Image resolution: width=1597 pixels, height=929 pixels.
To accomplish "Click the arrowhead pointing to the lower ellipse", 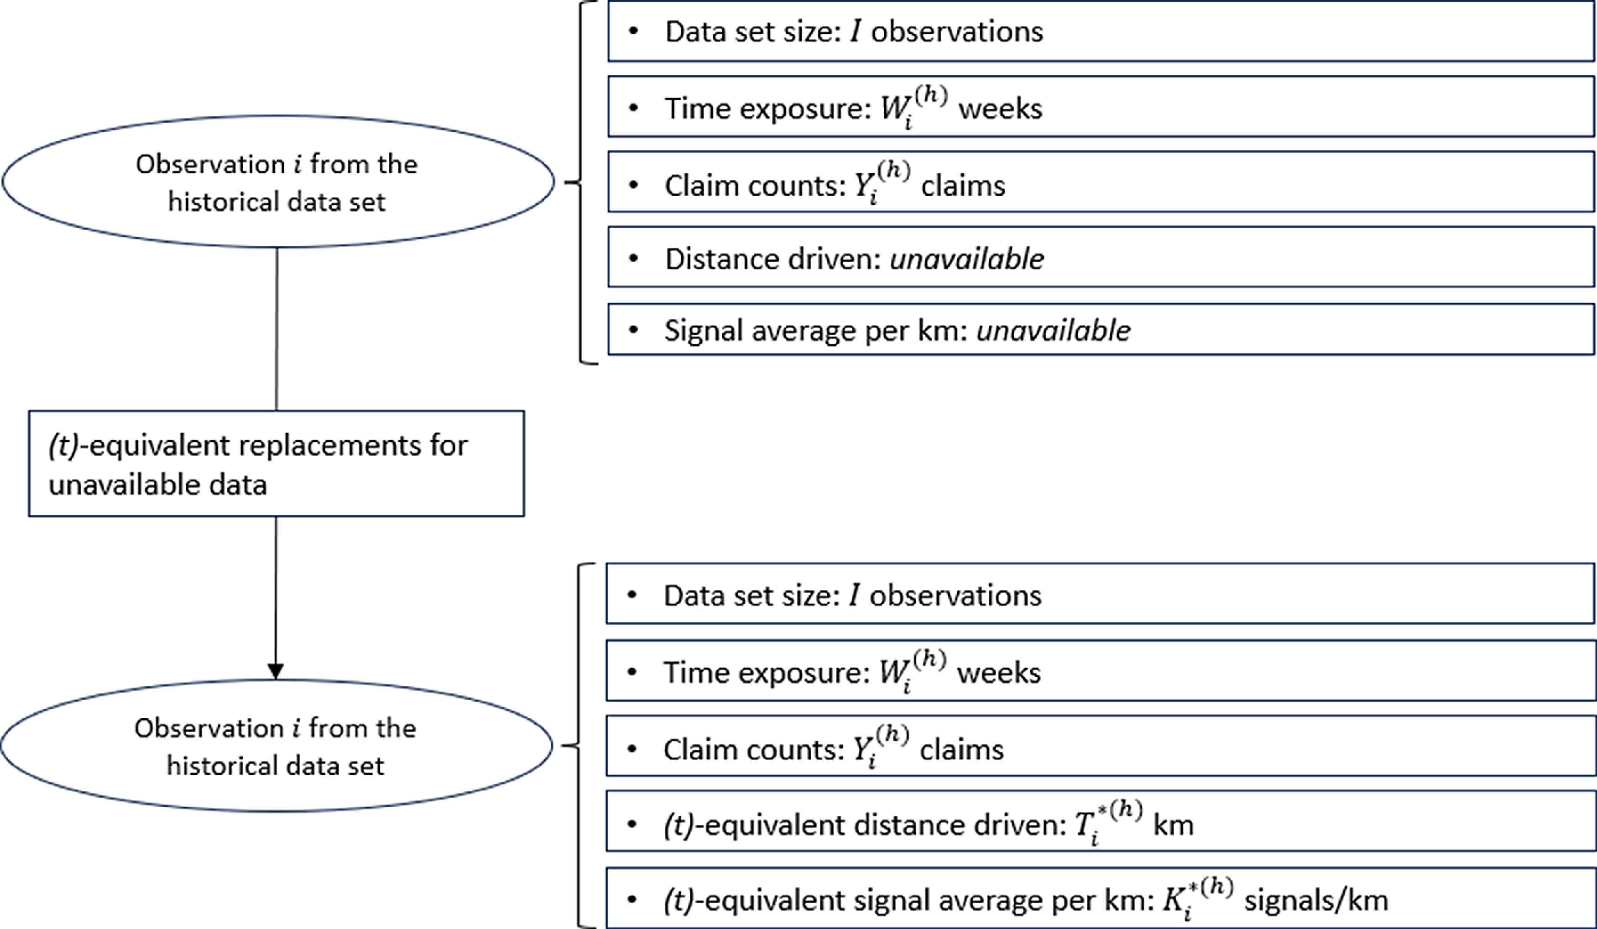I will click(x=275, y=671).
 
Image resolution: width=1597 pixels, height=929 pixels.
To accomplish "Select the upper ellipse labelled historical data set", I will click(x=277, y=182).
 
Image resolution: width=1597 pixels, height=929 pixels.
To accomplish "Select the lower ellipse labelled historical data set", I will click(x=277, y=746).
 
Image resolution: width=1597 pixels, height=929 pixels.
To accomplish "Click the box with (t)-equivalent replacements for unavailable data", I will click(x=277, y=463).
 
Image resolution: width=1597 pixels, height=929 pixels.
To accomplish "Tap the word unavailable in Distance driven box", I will click(x=966, y=259).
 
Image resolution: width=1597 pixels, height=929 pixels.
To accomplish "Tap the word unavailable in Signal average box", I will click(x=1053, y=331).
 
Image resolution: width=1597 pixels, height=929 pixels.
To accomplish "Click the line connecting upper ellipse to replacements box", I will click(x=277, y=329).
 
